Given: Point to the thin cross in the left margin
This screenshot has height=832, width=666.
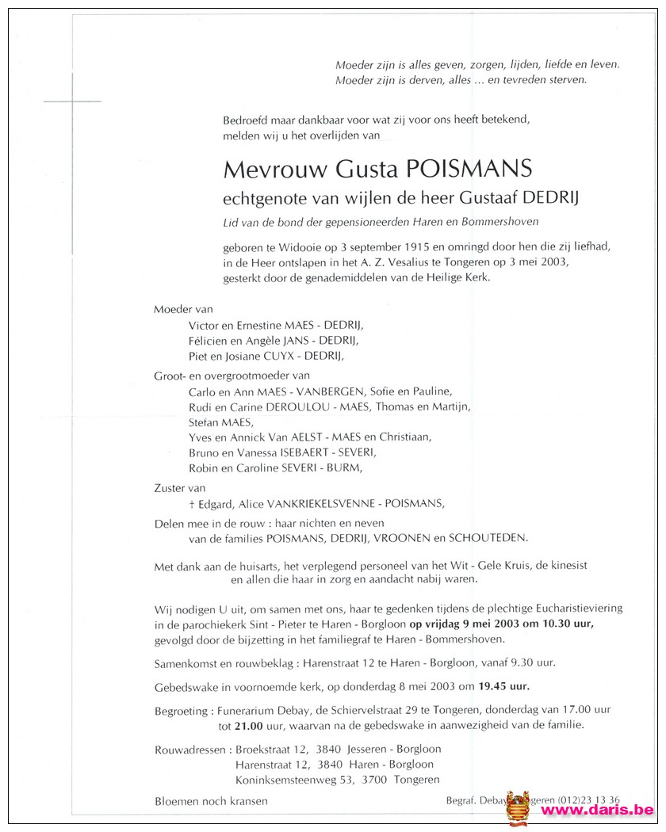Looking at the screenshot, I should tap(71, 101).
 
